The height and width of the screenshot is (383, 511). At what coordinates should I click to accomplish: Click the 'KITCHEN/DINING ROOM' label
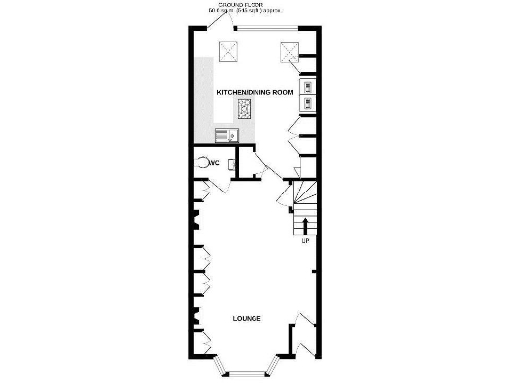coord(255,92)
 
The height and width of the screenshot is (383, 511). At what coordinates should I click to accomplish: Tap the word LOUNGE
coord(247,319)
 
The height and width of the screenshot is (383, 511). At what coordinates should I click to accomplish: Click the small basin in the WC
coord(232,162)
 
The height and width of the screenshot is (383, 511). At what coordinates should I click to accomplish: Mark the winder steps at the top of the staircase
coord(302,191)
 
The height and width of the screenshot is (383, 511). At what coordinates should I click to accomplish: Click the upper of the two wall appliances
coord(307,84)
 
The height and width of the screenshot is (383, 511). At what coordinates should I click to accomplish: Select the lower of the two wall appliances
coord(307,100)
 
